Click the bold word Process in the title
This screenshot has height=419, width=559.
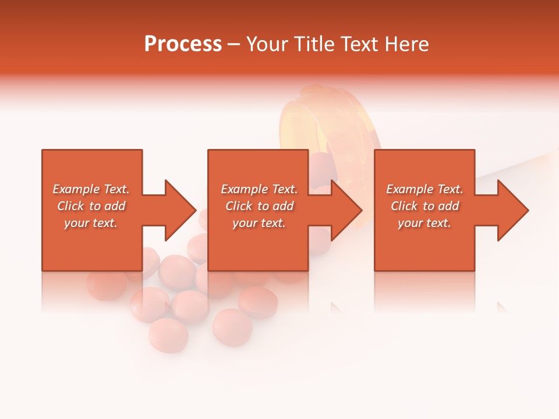[x=183, y=44]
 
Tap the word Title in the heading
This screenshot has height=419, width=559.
[x=315, y=44]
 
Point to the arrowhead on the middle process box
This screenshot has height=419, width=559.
[x=345, y=210]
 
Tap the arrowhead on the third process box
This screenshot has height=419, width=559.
[x=512, y=210]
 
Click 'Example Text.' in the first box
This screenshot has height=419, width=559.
[x=91, y=189]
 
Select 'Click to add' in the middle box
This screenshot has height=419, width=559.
[x=259, y=206]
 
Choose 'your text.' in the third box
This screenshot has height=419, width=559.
[x=424, y=223]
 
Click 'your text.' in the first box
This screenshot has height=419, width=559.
[x=91, y=223]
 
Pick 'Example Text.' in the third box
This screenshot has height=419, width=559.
[x=424, y=189]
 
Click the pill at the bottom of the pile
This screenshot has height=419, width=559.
[x=169, y=335]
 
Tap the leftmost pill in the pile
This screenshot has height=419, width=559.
[x=107, y=285]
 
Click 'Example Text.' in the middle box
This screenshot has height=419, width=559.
[x=259, y=189]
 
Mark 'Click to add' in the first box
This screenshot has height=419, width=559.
[x=91, y=206]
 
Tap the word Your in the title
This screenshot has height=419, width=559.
[x=267, y=44]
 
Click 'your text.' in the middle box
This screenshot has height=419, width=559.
[x=259, y=223]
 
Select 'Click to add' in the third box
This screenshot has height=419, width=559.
[x=424, y=206]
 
